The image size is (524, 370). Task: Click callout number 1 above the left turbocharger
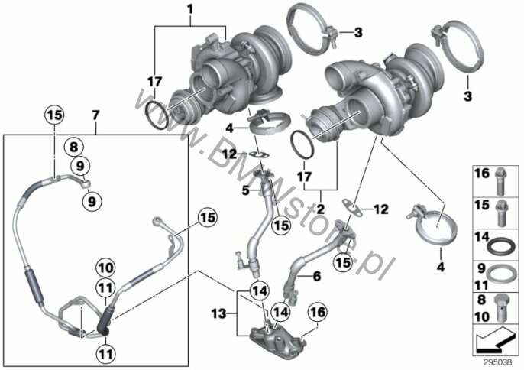(190, 9)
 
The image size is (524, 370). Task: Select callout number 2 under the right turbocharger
(320, 209)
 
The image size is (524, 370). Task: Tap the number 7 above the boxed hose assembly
(95, 115)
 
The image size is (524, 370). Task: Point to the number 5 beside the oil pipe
(246, 191)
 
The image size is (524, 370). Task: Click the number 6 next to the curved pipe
(316, 276)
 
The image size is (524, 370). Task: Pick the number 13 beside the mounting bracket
(219, 314)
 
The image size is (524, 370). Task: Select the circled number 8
(73, 148)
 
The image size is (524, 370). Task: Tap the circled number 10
(105, 268)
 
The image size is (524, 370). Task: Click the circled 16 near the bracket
(318, 313)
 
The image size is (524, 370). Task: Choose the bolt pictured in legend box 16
(500, 180)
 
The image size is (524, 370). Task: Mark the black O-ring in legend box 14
(500, 247)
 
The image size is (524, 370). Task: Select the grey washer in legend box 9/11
(500, 275)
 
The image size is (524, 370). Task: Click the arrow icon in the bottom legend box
(496, 340)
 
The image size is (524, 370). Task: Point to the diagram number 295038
(498, 362)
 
